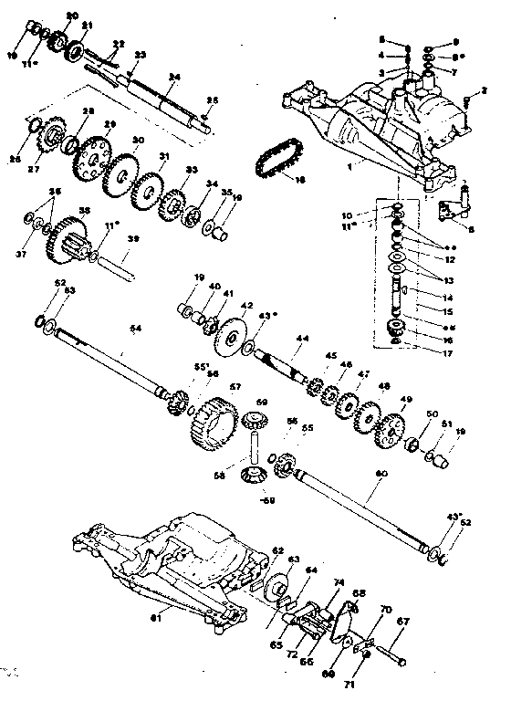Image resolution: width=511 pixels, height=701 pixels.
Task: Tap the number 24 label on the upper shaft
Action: pos(174,76)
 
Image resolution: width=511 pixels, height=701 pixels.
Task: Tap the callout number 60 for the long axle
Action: pos(381,473)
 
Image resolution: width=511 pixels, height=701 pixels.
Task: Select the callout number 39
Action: pos(133,239)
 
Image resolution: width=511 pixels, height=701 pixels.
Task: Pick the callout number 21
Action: pos(88,26)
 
